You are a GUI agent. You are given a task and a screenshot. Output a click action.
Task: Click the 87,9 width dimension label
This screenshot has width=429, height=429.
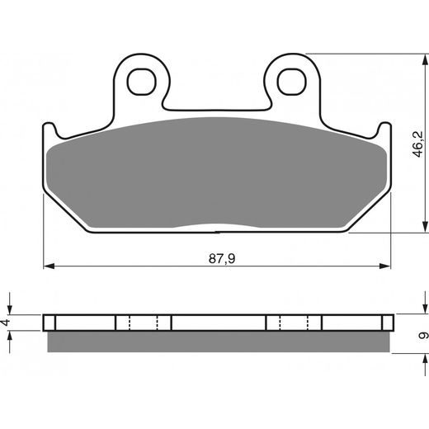[x=222, y=259]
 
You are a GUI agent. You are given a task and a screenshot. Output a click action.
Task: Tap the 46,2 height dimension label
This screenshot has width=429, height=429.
[x=418, y=144]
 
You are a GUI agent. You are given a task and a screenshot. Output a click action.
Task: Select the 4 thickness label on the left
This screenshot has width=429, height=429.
[x=6, y=322]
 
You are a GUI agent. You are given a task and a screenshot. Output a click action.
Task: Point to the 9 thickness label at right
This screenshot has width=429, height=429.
[x=423, y=335]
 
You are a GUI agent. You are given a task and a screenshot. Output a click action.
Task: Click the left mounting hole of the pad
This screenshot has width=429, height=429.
[x=142, y=82]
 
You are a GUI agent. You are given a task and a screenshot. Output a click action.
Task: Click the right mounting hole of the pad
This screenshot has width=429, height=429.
[x=292, y=82]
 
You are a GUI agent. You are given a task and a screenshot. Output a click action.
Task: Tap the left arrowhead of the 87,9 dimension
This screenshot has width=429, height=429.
[x=49, y=266]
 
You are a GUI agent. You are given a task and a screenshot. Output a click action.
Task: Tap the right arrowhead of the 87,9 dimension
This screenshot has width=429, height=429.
[x=384, y=266]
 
